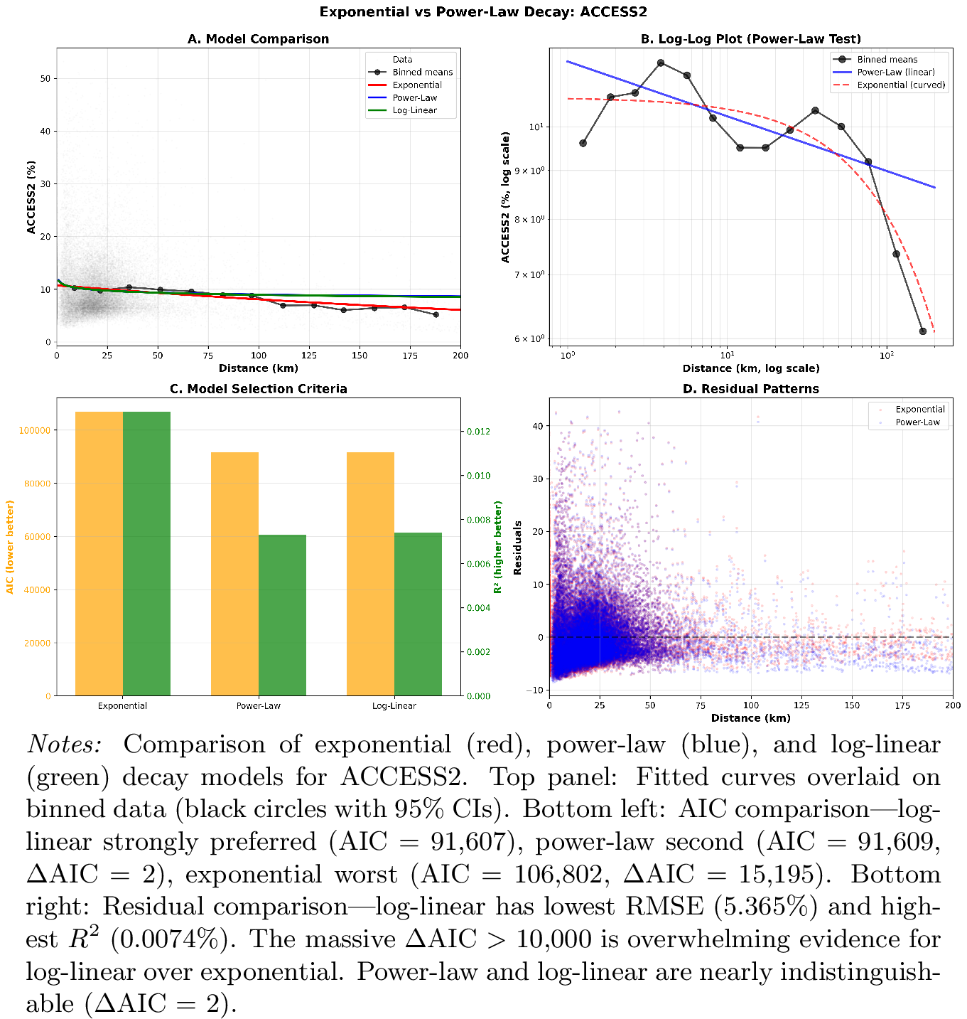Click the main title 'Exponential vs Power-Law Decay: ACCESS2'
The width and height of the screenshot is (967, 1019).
click(x=483, y=12)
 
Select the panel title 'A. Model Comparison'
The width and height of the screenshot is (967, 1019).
click(x=258, y=39)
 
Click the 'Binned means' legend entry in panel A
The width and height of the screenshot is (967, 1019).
click(x=422, y=73)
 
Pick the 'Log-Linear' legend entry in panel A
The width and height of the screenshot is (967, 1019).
click(x=414, y=111)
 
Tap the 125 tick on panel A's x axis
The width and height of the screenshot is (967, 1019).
click(x=309, y=356)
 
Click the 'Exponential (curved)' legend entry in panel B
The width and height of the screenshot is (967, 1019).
click(x=901, y=85)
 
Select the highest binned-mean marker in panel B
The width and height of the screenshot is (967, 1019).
click(x=661, y=63)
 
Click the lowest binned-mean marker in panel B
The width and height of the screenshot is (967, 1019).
click(x=923, y=331)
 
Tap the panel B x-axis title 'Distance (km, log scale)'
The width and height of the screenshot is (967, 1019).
click(x=751, y=368)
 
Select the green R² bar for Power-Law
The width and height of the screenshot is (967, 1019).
click(x=282, y=615)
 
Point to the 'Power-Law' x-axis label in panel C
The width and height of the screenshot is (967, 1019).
click(x=259, y=706)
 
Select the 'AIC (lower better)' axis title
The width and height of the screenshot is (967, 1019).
click(x=10, y=547)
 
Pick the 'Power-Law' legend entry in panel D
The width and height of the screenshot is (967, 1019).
click(x=917, y=422)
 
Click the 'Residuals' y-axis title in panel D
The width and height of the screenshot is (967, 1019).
click(x=518, y=548)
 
